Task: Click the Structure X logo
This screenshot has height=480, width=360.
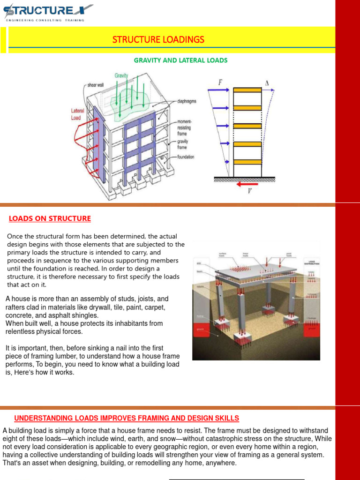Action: coord(47,11)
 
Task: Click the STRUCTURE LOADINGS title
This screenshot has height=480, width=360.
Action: coord(158,39)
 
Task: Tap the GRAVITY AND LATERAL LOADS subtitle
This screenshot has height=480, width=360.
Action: coord(180,60)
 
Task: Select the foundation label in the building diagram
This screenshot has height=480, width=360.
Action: coord(183,157)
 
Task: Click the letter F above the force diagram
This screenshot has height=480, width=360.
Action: coord(220,83)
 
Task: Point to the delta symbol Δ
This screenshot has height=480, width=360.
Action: coord(267,83)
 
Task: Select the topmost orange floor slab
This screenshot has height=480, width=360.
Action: coord(247,90)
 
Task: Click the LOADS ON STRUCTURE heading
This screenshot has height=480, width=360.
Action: coord(50,219)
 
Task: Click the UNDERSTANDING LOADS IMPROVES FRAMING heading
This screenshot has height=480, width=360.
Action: coord(127,418)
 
